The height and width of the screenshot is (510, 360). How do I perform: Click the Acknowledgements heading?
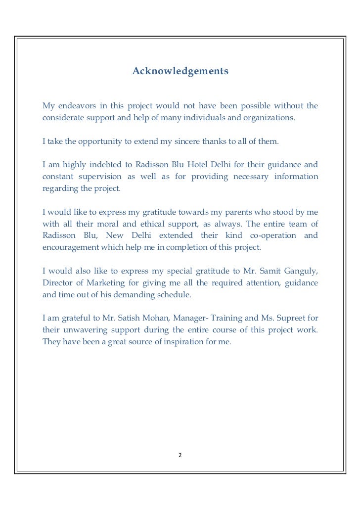(x=180, y=72)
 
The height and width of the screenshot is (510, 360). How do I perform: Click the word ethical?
(x=147, y=224)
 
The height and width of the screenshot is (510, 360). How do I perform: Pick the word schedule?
(x=173, y=294)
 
